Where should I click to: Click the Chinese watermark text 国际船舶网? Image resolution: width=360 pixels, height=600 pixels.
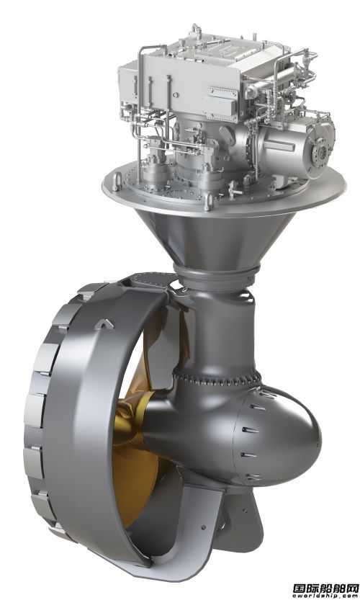(325, 587)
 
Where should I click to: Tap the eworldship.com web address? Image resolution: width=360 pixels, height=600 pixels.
(325, 596)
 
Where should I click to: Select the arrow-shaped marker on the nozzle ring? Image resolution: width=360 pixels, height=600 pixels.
(104, 324)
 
